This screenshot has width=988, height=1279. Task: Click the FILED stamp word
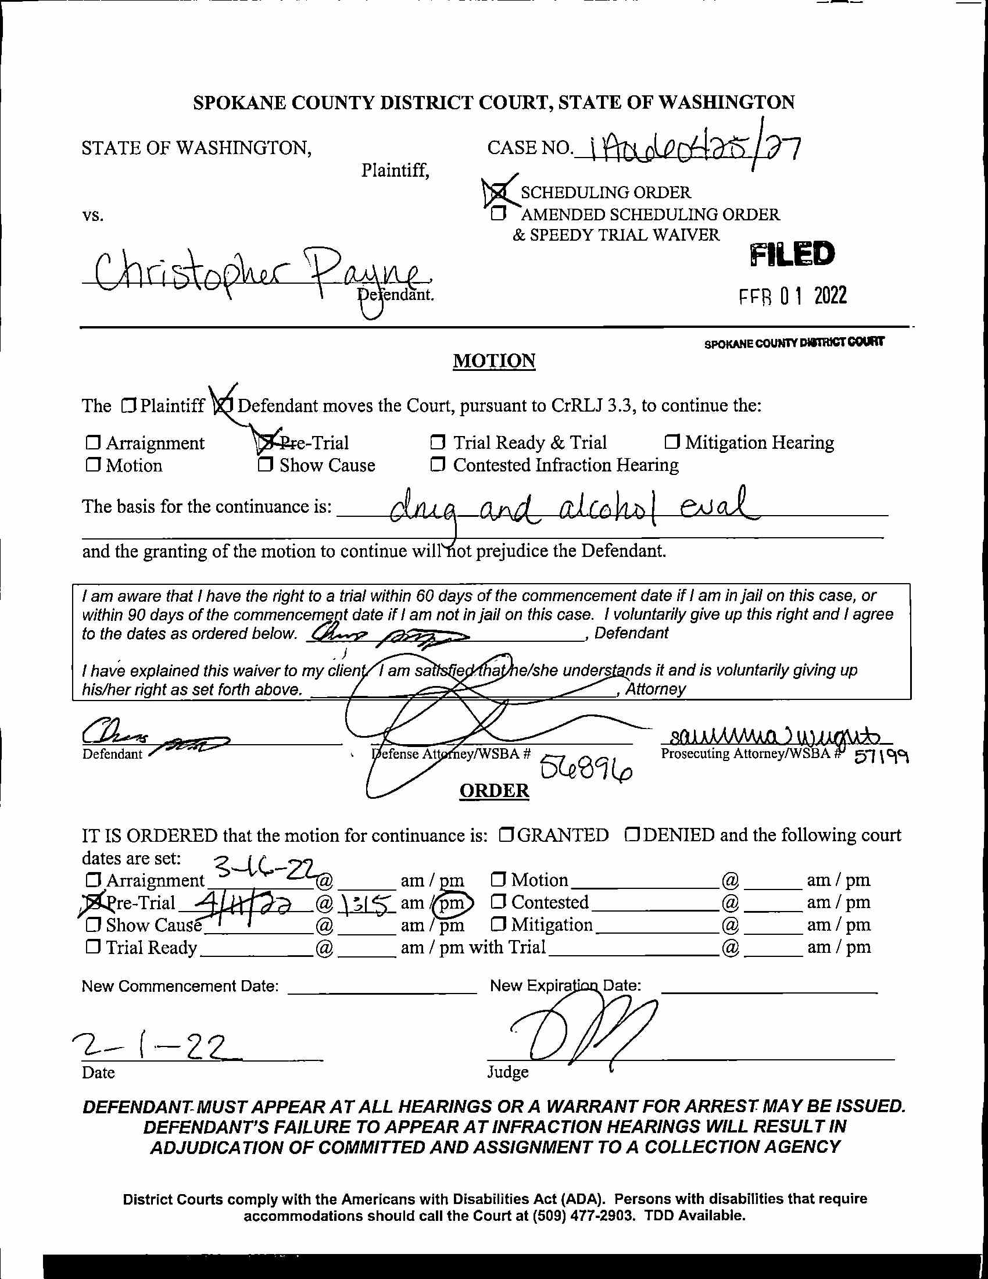[x=792, y=254]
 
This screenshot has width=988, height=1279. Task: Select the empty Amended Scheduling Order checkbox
[x=497, y=214]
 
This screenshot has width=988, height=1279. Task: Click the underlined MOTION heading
[x=494, y=361]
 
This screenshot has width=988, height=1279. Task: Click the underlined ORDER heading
[x=494, y=791]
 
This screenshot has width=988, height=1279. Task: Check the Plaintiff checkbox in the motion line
[x=129, y=405]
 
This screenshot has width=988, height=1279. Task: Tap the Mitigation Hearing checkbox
[x=672, y=442]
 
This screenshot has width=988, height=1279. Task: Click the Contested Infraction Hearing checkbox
[x=437, y=465]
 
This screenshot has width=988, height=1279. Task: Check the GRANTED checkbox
[x=507, y=835]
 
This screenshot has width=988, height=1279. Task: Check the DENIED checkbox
[x=632, y=835]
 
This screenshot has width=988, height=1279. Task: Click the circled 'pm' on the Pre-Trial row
[x=451, y=903]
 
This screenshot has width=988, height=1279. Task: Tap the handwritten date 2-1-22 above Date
[x=149, y=1047]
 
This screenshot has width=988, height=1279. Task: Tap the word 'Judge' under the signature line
[x=507, y=1072]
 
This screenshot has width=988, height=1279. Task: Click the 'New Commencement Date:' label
[x=180, y=986]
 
